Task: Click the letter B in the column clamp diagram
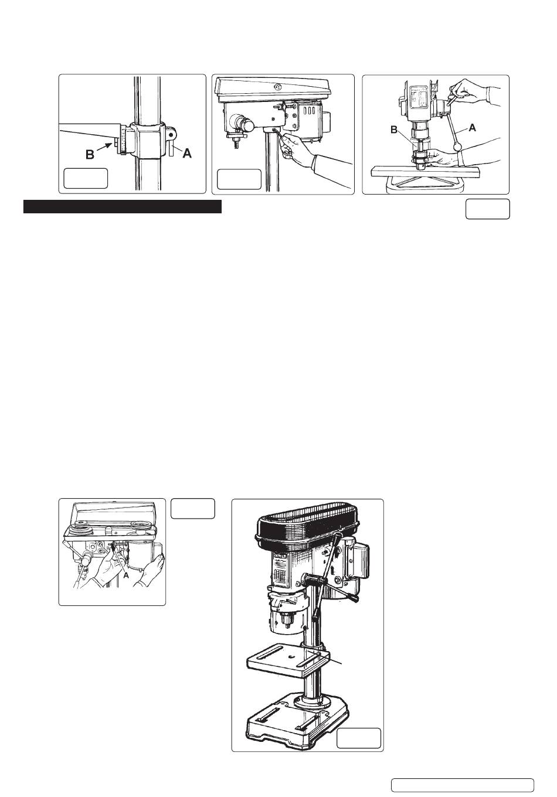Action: pos(90,155)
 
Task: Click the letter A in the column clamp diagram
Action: pos(187,154)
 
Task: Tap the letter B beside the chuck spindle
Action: pos(394,130)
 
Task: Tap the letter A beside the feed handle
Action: pos(473,127)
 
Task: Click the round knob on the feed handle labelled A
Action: pos(457,147)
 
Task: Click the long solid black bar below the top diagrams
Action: pos(123,207)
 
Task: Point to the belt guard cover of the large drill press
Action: pos(308,528)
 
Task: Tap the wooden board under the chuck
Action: pos(425,172)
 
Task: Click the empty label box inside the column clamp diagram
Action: pos(86,178)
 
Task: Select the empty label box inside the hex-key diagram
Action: pos(239,179)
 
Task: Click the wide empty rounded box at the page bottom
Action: pos(463,785)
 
